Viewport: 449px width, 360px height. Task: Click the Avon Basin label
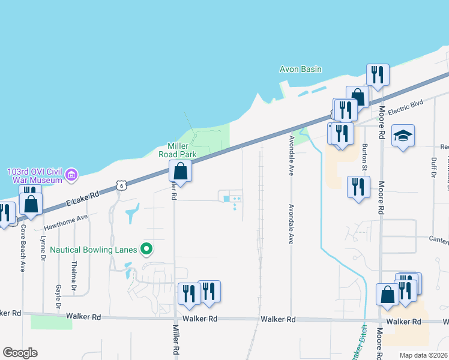301,69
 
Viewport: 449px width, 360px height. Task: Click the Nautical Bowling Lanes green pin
146,248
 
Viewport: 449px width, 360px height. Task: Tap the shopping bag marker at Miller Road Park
180,171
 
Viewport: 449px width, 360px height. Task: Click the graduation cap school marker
403,136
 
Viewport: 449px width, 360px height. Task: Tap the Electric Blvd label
405,106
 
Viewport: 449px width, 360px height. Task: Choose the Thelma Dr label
74,277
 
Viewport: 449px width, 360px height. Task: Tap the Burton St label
364,156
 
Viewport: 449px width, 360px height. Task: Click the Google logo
20,353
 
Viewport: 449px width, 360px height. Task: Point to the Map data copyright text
423,355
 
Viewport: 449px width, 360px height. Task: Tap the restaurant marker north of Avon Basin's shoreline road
378,75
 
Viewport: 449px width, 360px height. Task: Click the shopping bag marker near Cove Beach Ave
31,203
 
